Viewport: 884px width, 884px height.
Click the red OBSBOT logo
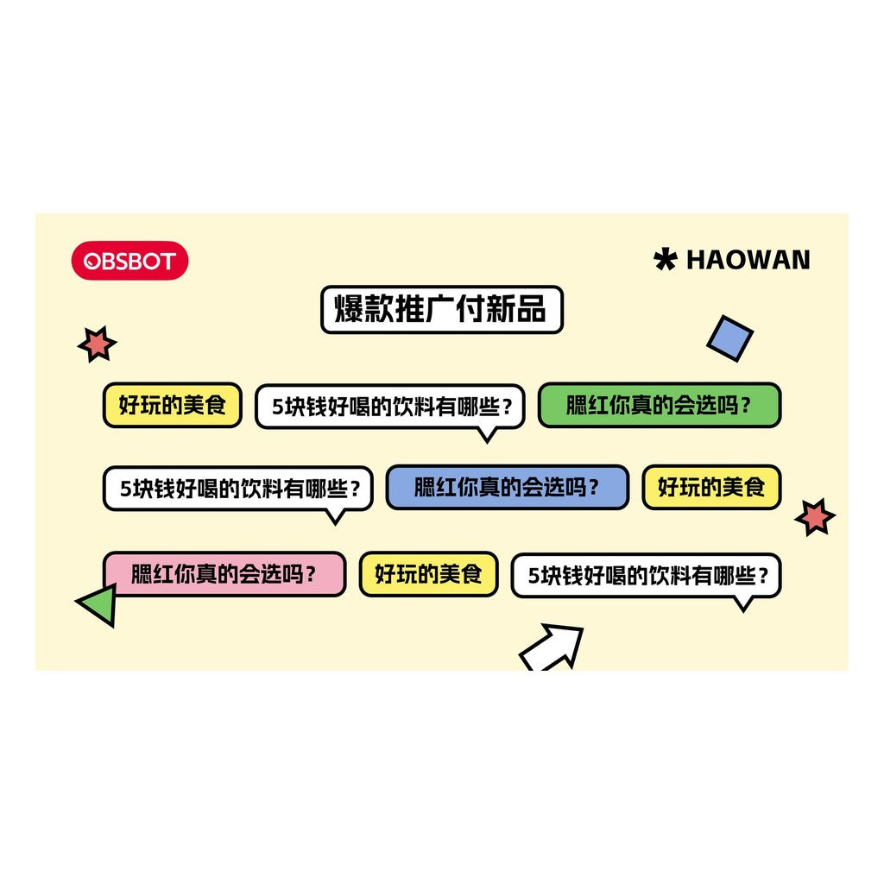point(129,261)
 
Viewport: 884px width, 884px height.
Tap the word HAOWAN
point(748,260)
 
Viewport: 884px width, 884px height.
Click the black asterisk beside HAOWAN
point(666,259)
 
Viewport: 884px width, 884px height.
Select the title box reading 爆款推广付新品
point(442,310)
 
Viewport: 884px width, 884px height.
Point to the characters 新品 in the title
point(516,309)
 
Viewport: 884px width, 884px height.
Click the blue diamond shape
point(730,338)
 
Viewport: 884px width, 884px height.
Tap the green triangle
point(98,603)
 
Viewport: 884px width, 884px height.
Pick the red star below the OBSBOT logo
point(97,344)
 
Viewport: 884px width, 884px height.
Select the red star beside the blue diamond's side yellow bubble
point(815,517)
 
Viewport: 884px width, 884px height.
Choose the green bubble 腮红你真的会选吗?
point(660,405)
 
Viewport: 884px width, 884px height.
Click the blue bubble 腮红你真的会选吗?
point(508,487)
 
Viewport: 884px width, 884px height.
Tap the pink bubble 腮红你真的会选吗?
point(224,574)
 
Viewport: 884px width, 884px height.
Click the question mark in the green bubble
point(746,406)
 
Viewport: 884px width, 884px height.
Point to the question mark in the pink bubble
point(311,574)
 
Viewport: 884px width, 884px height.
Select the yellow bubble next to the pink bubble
point(428,574)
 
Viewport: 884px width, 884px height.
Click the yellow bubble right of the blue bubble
point(711,487)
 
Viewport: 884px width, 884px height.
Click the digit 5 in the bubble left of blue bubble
point(126,489)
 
